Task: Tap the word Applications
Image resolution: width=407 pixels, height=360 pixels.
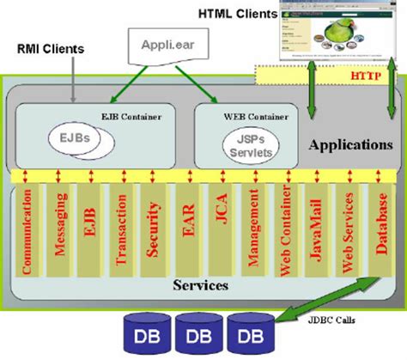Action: click(350, 145)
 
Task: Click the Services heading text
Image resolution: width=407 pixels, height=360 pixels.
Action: click(200, 284)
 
